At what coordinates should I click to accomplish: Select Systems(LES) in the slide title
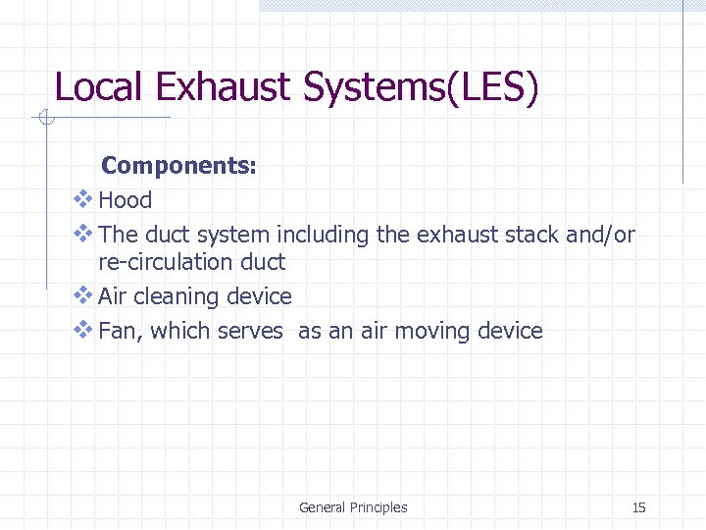pos(422,88)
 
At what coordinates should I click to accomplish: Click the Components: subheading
pos(179,166)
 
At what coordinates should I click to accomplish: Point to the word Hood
pos(126,200)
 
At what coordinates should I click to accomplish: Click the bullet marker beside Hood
pos(83,199)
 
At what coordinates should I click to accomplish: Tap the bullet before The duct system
pos(83,234)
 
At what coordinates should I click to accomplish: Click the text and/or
pos(600,235)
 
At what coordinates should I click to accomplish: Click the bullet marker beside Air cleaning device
pos(83,295)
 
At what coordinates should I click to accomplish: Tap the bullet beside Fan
pos(83,330)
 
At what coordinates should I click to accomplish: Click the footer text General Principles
pos(353,507)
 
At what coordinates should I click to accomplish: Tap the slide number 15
pos(639,507)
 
